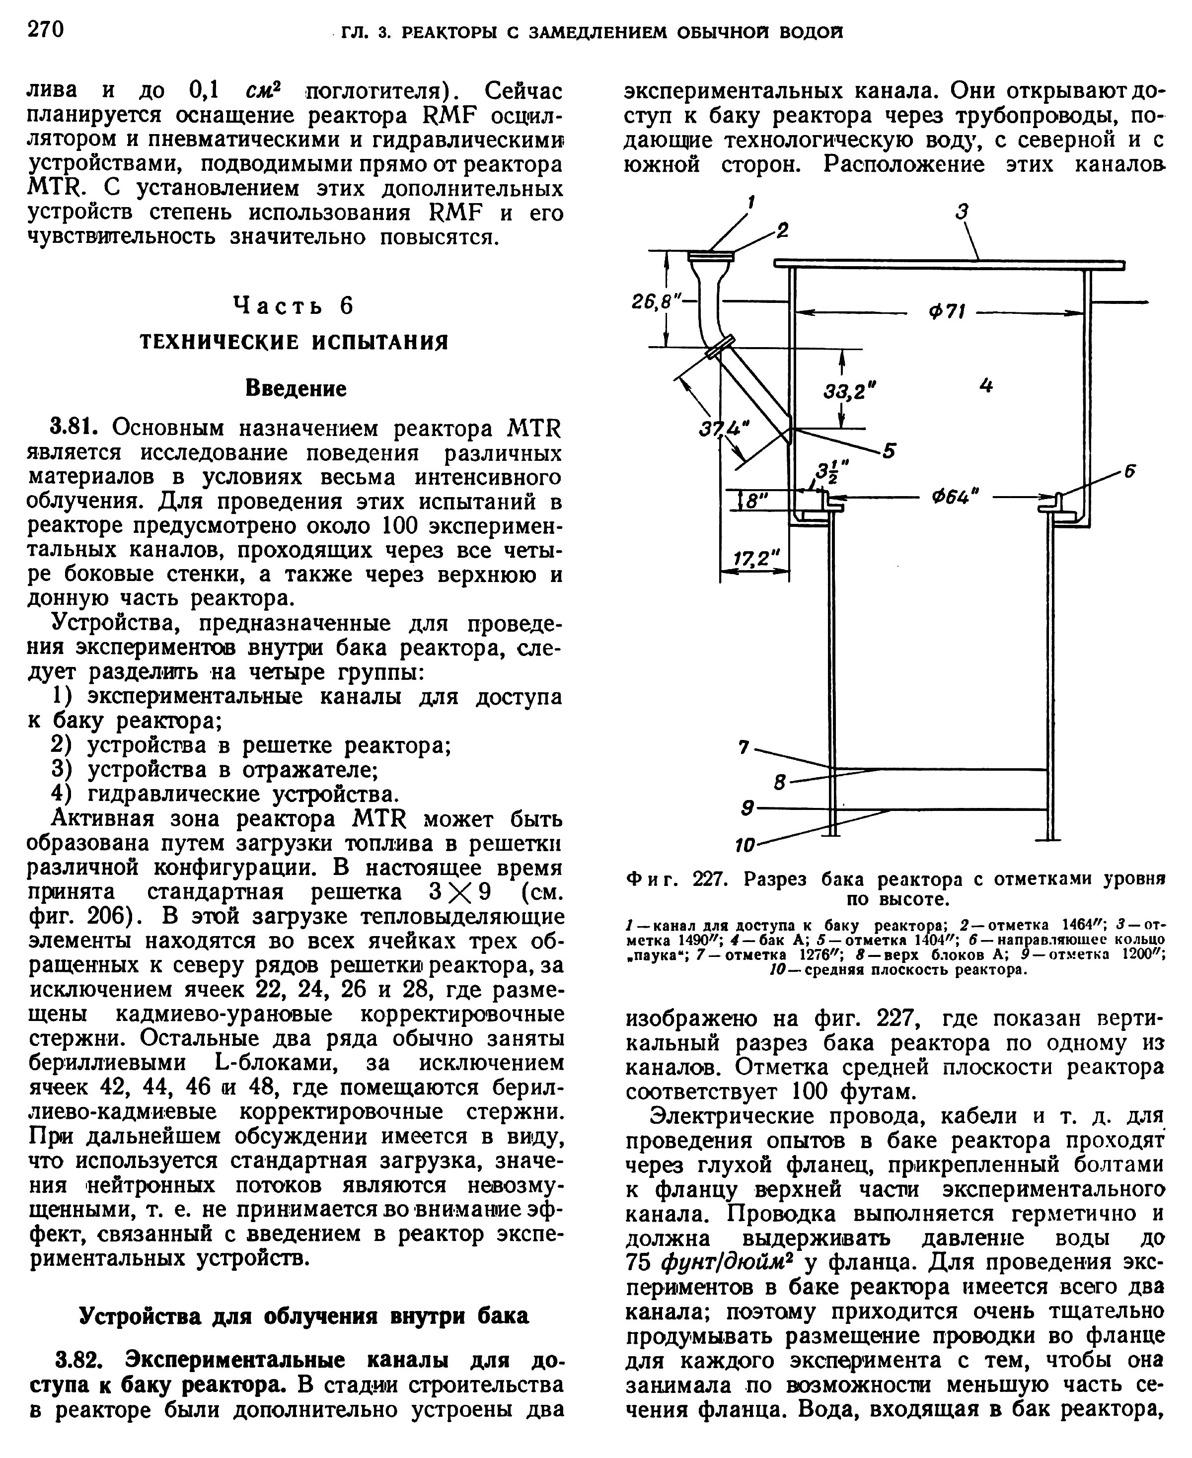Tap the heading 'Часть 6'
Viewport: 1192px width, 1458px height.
293,305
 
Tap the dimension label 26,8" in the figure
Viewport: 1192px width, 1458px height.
654,301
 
